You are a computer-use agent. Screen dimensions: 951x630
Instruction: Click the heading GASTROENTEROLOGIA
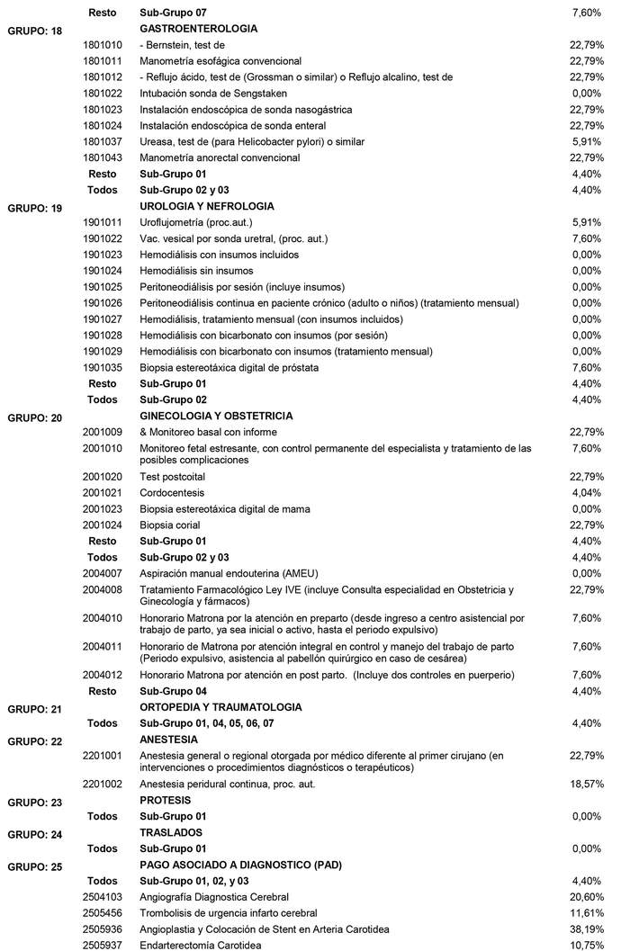pyautogui.click(x=187, y=29)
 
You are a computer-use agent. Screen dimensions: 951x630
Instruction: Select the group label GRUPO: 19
pyautogui.click(x=35, y=209)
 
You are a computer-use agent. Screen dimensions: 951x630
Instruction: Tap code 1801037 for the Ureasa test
pyautogui.click(x=102, y=141)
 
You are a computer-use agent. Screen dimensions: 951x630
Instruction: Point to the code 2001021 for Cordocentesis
pyautogui.click(x=102, y=493)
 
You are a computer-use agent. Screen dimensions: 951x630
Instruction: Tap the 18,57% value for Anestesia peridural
pyautogui.click(x=586, y=785)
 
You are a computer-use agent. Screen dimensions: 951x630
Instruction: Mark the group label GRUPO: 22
pyautogui.click(x=35, y=741)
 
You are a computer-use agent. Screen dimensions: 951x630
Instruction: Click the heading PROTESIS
pyautogui.click(x=166, y=800)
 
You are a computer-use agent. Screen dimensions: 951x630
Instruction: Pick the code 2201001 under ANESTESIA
pyautogui.click(x=102, y=755)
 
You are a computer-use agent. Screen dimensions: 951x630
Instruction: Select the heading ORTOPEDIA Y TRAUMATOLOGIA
pyautogui.click(x=220, y=707)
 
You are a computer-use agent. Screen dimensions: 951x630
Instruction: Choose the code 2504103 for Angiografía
pyautogui.click(x=102, y=897)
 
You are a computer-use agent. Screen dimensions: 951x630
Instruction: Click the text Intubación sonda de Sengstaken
pyautogui.click(x=212, y=93)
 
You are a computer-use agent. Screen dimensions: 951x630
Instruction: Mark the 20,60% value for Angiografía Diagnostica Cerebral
pyautogui.click(x=586, y=897)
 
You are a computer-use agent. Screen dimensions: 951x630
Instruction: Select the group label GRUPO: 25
pyautogui.click(x=35, y=867)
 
